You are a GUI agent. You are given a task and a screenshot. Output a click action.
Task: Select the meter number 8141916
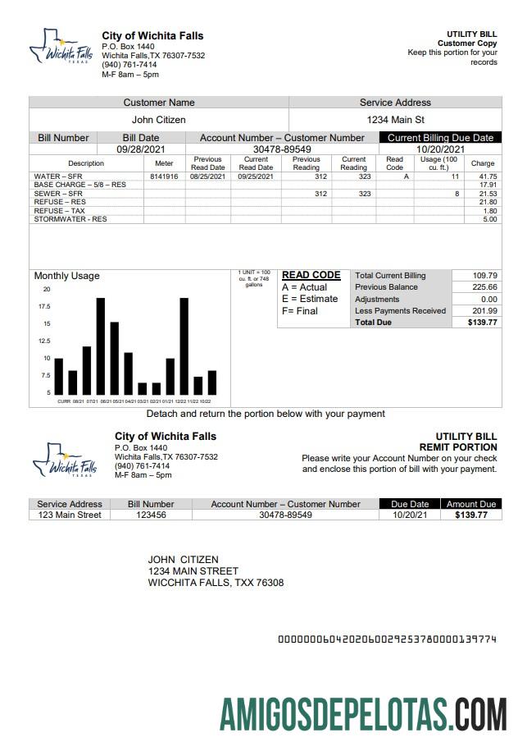164,176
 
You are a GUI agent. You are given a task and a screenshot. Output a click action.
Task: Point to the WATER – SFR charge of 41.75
488,176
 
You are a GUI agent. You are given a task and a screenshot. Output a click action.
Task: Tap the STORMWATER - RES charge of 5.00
489,219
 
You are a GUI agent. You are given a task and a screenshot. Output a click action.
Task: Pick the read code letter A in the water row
394,176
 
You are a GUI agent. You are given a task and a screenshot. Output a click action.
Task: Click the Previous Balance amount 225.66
484,287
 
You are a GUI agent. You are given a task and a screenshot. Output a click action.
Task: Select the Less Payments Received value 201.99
484,311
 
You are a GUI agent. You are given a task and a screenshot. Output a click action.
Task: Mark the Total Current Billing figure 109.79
484,276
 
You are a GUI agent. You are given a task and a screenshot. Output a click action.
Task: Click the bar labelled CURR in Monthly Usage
58,376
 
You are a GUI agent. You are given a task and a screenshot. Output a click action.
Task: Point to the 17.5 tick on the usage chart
44,306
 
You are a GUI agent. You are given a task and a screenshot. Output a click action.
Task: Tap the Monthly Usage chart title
66,276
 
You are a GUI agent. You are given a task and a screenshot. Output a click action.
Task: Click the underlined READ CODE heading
311,276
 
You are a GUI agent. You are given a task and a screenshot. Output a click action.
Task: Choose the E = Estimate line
309,299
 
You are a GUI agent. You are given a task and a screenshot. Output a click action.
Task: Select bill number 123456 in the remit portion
155,515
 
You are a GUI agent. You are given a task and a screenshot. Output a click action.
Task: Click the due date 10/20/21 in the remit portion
410,515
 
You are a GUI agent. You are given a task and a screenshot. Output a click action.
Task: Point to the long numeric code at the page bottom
388,639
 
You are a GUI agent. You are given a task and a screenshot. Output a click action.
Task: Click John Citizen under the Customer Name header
159,120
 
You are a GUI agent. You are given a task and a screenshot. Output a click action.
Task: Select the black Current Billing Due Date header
440,138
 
